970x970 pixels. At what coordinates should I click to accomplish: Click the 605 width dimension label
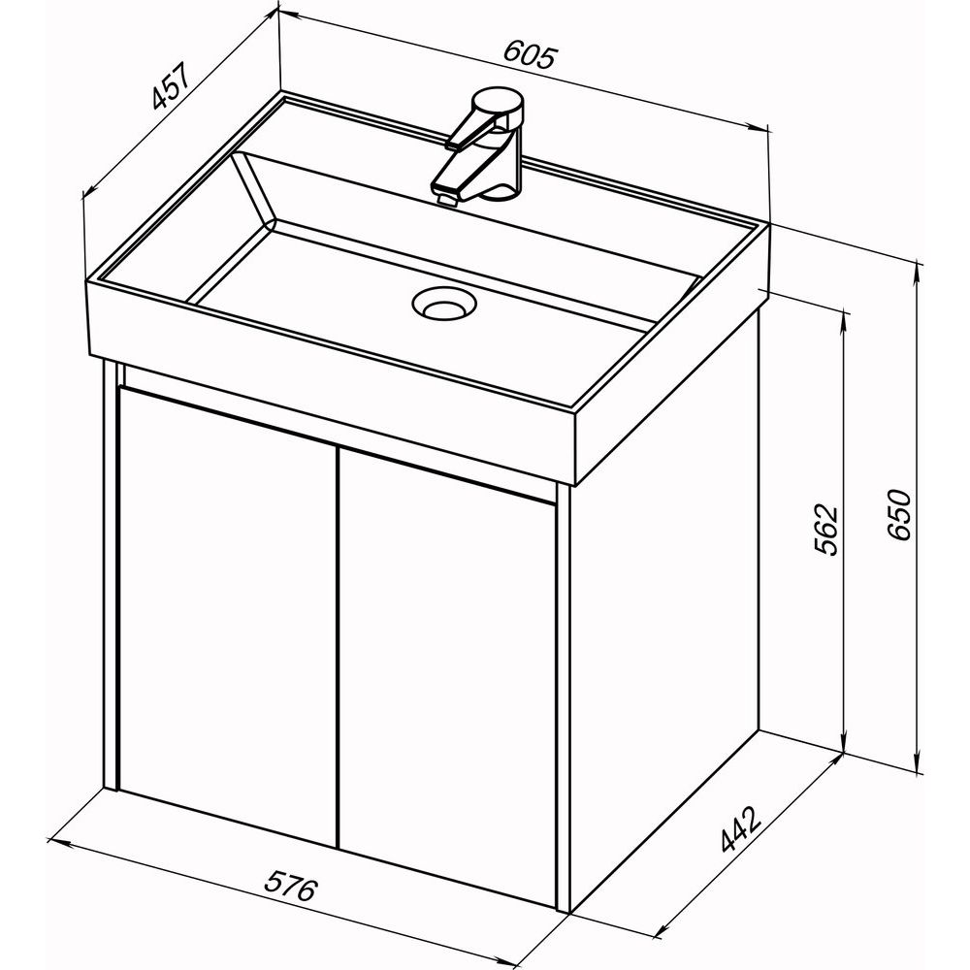(x=531, y=53)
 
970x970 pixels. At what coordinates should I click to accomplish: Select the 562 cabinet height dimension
(x=824, y=531)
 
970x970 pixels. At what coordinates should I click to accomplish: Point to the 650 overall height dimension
(x=898, y=515)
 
